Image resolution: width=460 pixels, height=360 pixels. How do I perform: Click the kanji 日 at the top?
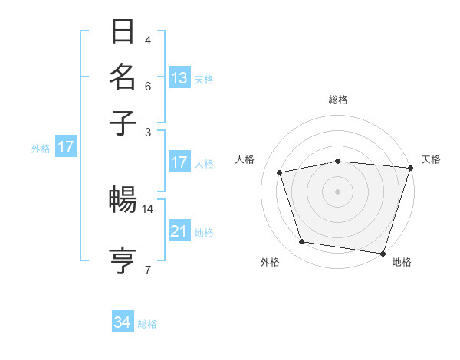coord(123,33)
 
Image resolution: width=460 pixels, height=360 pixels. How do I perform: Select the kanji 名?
coord(123,77)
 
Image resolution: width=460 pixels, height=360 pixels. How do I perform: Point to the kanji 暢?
coord(123,201)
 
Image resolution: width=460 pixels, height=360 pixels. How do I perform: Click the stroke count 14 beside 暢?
coord(148,208)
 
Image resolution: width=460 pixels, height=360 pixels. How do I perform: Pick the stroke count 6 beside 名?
coord(148,86)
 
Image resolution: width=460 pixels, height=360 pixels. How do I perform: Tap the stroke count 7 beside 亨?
coord(148,269)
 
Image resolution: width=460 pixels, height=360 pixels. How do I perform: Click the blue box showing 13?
coord(179,78)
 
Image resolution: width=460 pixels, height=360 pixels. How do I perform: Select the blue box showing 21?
coord(179,231)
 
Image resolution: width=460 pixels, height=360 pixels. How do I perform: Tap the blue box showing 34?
coord(123,322)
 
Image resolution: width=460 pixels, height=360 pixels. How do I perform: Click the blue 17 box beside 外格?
coord(65,148)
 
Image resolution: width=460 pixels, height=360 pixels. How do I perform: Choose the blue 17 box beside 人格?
coord(179,162)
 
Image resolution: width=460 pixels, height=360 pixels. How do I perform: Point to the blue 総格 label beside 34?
coord(147,324)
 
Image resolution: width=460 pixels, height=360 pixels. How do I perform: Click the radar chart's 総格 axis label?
coord(337,100)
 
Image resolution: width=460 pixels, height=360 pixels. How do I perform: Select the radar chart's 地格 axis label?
coord(402,262)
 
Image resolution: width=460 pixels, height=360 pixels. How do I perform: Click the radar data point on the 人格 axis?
coord(280,172)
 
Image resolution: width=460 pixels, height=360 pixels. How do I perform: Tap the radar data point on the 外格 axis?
coord(302,242)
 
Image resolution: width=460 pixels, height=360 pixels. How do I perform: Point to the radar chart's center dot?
coord(337,191)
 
